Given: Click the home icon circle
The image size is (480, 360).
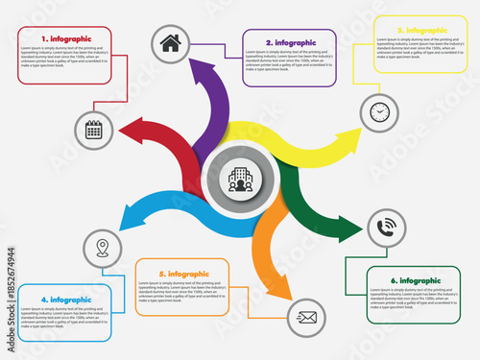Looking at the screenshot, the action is click(170, 42).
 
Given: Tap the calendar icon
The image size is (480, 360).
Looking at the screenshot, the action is click(94, 129).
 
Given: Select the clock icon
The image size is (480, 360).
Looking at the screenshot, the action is click(379, 112).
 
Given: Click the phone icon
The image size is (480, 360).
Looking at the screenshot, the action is click(387, 228).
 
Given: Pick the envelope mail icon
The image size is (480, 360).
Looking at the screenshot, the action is click(307, 315).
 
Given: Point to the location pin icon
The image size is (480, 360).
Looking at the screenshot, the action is click(102, 250).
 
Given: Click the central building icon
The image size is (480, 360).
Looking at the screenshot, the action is click(240, 178).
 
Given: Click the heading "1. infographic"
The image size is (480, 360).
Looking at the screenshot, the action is click(64, 37).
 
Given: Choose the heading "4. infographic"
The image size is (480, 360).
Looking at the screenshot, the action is click(65, 300).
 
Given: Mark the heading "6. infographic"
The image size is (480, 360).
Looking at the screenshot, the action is click(413, 279).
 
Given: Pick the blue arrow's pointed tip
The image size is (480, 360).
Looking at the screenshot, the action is click(117, 228).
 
